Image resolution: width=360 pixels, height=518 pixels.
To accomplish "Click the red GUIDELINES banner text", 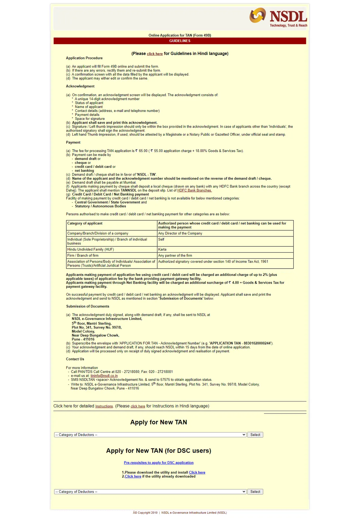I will [180, 41].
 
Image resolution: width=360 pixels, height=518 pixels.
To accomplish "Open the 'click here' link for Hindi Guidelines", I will [155, 54].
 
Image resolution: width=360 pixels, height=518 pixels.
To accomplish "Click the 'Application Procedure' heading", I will [84, 58].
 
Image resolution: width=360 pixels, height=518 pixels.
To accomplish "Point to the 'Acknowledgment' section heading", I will [80, 86].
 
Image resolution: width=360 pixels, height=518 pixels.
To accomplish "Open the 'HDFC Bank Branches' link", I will [194, 191].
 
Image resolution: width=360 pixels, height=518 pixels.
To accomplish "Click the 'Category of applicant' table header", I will [85, 224].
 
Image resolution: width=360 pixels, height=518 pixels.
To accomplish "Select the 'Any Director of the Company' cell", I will [180, 233].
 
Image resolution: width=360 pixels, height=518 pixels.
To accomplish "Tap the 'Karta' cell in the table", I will [162, 250].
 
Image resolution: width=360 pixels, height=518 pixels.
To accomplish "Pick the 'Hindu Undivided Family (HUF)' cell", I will [91, 250].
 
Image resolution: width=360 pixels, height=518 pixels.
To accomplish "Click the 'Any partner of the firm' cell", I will [175, 256].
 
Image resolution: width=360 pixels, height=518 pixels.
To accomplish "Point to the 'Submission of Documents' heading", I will [88, 306].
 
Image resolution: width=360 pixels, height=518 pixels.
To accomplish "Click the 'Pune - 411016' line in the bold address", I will [83, 339].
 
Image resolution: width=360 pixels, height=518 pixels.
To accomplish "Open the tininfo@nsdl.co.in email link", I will [104, 376].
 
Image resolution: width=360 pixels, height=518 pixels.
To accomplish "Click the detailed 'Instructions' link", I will [104, 406].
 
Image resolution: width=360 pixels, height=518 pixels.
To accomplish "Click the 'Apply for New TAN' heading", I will [158, 422].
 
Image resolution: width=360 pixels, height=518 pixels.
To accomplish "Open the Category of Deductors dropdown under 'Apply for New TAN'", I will [150, 435].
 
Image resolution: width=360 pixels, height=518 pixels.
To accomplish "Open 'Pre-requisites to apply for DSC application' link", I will [159, 463].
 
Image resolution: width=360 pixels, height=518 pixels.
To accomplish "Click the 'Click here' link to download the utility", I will [197, 472].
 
